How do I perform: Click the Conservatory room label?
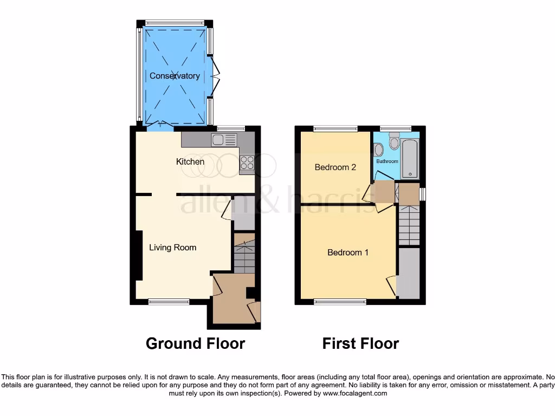click(175, 76)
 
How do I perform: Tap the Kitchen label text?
click(190, 161)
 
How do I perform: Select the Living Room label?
click(173, 248)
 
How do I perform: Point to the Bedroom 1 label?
click(348, 252)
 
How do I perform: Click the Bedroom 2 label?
click(335, 167)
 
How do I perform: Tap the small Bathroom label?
click(387, 161)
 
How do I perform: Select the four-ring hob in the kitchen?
click(247, 162)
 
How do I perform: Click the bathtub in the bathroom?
click(410, 158)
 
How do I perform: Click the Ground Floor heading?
click(195, 343)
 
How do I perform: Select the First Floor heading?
click(360, 343)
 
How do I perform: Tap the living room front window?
click(165, 301)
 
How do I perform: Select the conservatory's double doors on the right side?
click(216, 76)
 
